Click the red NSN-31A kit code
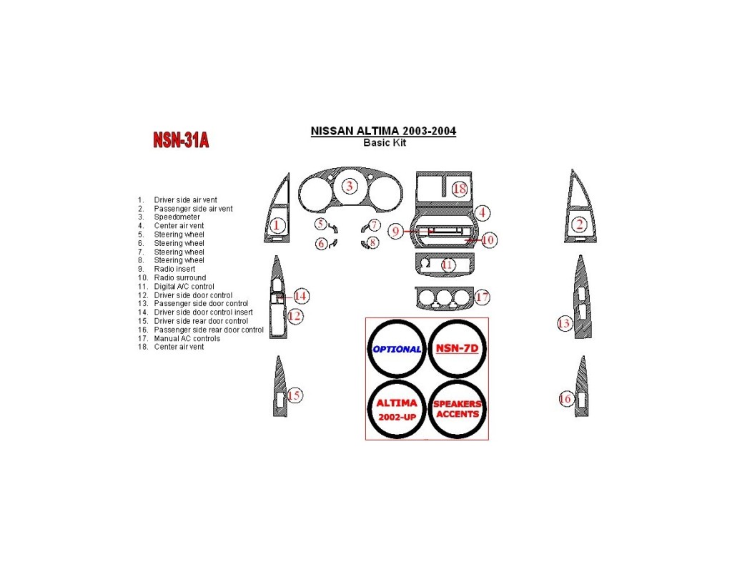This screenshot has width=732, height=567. click(x=181, y=140)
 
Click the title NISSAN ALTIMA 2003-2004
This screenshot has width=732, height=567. click(x=383, y=132)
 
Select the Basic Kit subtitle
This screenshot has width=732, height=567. click(x=385, y=142)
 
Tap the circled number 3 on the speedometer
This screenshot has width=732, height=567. click(x=350, y=187)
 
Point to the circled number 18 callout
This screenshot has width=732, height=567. click(x=459, y=189)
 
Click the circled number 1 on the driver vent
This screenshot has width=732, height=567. click(x=277, y=225)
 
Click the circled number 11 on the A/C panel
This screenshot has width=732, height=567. click(x=447, y=265)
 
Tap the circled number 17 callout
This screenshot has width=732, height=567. click(x=482, y=296)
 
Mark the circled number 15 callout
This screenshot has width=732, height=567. click(x=294, y=395)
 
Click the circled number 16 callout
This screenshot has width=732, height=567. click(x=566, y=399)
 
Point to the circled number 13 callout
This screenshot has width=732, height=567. click(x=564, y=324)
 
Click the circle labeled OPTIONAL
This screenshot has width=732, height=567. click(x=397, y=349)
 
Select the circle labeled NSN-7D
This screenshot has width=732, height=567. click(x=457, y=349)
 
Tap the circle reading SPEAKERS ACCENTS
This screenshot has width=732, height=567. click(x=457, y=409)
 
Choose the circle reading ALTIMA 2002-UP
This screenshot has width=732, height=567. click(x=397, y=409)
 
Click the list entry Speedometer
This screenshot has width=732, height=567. click(x=177, y=217)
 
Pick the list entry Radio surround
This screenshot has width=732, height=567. click(x=179, y=278)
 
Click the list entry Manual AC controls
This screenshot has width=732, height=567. click(x=187, y=338)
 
